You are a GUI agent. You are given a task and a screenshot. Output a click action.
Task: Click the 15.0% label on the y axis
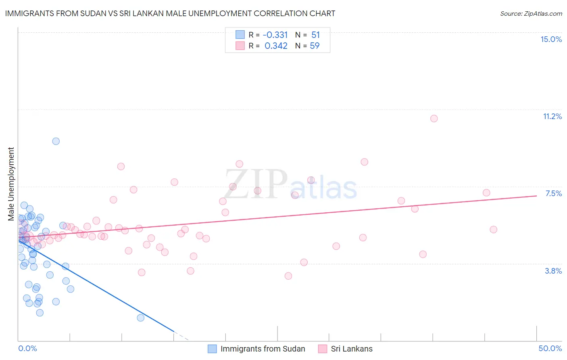[x=551, y=39]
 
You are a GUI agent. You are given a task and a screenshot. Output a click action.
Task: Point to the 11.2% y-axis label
[x=552, y=116]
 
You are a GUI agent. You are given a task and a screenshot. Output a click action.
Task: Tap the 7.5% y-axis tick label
[x=553, y=193]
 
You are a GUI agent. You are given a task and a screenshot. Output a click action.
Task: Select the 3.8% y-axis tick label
[x=553, y=271]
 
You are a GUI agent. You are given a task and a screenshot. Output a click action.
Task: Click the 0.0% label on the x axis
[x=27, y=348]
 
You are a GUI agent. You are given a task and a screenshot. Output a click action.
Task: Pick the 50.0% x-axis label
[x=550, y=348]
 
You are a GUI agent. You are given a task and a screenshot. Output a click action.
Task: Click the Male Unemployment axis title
[x=11, y=184]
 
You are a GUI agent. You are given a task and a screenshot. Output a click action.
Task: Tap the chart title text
[x=170, y=13]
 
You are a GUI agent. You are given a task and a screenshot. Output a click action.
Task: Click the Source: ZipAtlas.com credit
[x=531, y=13]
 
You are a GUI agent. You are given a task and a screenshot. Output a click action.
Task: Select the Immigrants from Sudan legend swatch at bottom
[x=212, y=349]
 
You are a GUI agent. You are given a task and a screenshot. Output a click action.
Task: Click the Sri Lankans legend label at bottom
[x=352, y=349]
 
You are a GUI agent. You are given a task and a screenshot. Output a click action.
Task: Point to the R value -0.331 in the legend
[x=275, y=35]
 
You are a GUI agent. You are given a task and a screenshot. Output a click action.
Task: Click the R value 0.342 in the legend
[x=276, y=46]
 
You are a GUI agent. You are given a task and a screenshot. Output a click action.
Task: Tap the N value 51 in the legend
[x=315, y=35]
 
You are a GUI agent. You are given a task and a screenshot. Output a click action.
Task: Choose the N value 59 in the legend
[x=315, y=46]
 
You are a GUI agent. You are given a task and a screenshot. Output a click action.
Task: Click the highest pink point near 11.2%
[x=434, y=118]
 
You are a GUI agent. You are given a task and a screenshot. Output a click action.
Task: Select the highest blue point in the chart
[x=56, y=141]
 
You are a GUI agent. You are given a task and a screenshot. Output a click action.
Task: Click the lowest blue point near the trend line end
[x=140, y=318]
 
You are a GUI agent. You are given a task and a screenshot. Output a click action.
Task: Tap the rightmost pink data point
[x=493, y=230]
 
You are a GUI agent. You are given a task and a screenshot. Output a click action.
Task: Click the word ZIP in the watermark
[x=256, y=184]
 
